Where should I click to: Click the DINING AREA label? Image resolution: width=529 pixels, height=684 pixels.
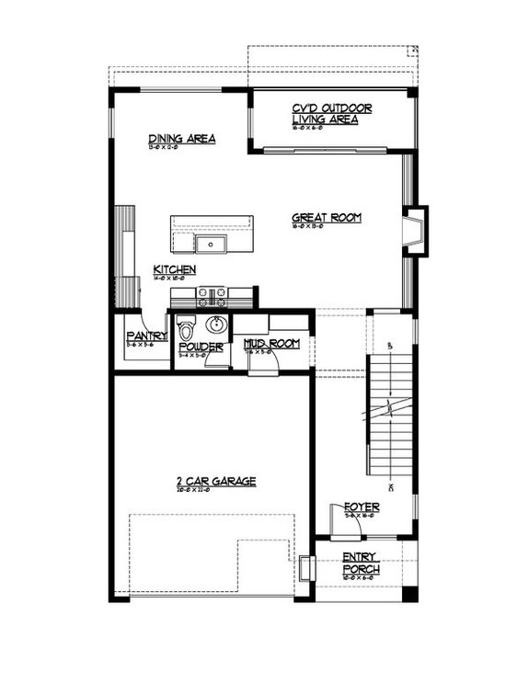coord(182,140)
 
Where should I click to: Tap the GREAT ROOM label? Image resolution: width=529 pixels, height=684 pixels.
coord(327,218)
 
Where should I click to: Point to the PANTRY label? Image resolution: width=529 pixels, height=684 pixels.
coord(146,336)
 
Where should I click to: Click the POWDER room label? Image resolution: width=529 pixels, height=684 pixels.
coord(201,348)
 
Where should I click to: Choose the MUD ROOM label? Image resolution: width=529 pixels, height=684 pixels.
coord(272,344)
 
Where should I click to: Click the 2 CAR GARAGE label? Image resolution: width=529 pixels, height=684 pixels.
coord(216,481)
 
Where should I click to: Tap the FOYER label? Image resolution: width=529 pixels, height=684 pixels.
coord(362,507)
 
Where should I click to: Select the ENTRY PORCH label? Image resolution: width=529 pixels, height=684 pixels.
coord(361,563)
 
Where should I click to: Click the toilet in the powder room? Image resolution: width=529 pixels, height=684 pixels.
coord(187,328)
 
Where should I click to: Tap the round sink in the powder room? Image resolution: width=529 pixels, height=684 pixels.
coord(215,325)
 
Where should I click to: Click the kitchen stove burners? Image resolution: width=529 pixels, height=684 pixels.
coord(213,296)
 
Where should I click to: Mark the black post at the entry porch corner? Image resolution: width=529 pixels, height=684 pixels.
coord(409,594)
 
